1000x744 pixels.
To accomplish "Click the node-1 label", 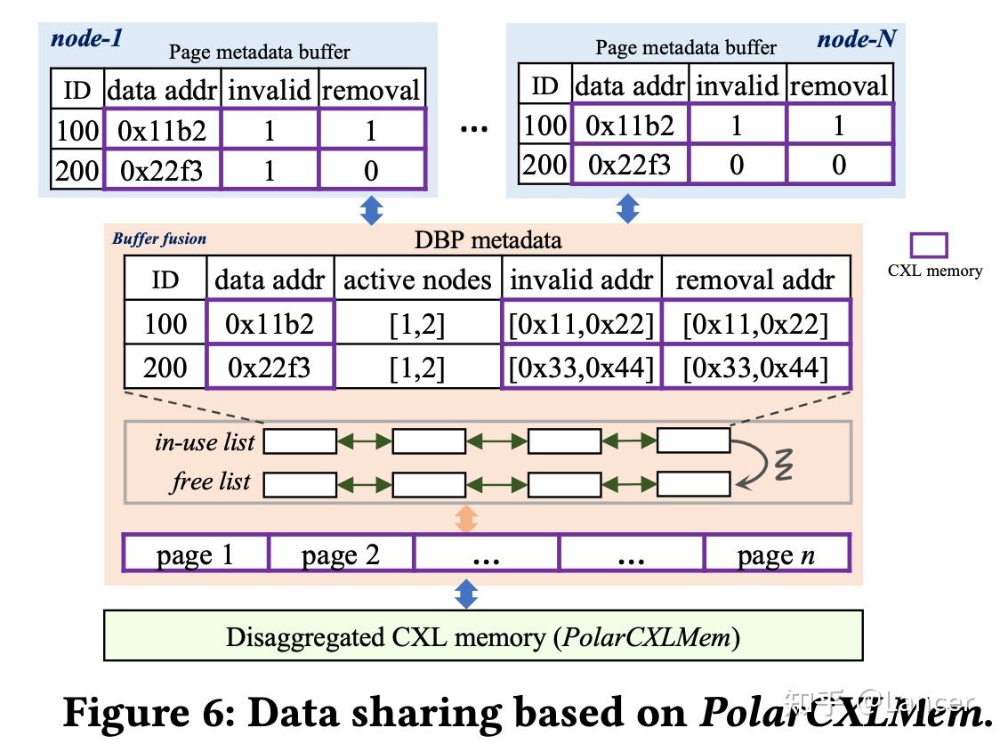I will click(87, 37).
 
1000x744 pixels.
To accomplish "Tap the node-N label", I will click(856, 38).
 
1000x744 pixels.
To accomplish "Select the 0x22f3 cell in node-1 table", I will click(162, 170).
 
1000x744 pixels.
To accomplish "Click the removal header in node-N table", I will click(838, 86).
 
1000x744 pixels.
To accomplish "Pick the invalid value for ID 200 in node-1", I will click(269, 170).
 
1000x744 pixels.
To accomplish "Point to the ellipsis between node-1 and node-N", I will click(473, 129).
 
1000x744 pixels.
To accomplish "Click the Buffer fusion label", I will click(159, 239).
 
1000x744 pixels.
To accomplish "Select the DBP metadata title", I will click(488, 239).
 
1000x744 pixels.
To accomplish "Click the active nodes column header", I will click(417, 280).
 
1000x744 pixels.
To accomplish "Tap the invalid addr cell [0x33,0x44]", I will click(582, 367).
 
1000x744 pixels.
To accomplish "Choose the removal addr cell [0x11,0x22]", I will click(755, 323).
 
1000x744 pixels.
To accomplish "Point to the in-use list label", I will click(205, 441).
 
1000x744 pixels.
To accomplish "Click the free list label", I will click(211, 482).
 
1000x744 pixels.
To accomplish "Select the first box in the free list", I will click(300, 484).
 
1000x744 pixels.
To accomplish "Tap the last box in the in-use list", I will click(693, 441).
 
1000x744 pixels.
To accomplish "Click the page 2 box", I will click(341, 554).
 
